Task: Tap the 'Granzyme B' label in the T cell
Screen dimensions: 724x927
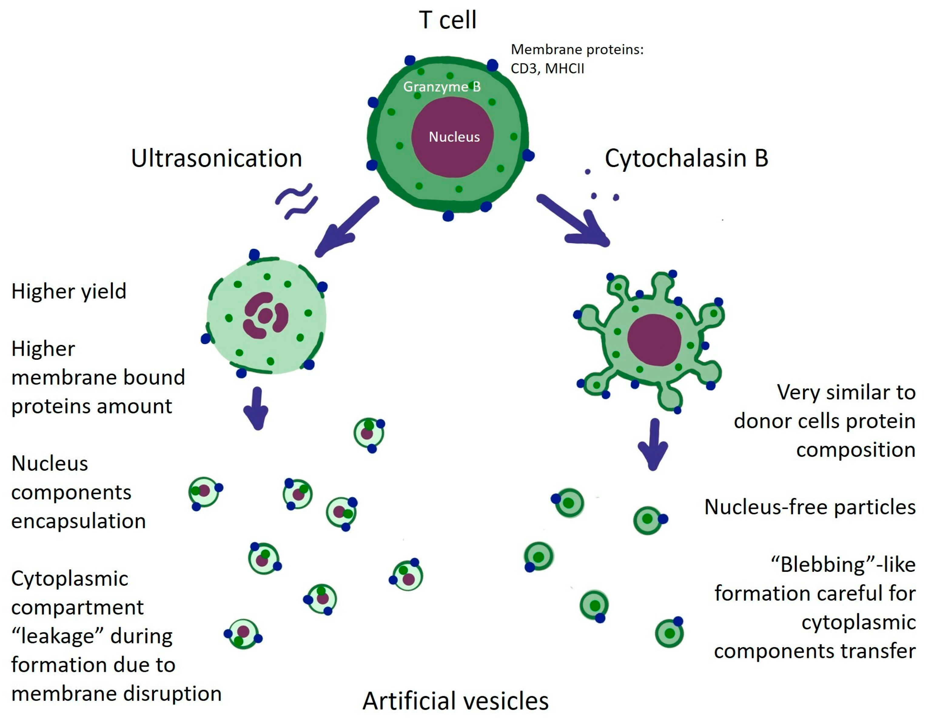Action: tap(442, 87)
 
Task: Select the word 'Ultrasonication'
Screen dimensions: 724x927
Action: tap(217, 158)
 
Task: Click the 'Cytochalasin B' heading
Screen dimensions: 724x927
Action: tap(686, 158)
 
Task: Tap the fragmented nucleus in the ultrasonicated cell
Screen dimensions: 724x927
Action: tap(266, 315)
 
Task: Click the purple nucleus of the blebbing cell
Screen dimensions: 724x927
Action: tap(654, 340)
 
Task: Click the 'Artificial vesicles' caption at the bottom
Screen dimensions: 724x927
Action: tap(455, 701)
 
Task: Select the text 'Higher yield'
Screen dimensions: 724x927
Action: tap(69, 291)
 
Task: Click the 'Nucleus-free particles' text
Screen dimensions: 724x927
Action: tap(809, 507)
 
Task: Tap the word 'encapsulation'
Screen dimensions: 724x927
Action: tap(79, 521)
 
